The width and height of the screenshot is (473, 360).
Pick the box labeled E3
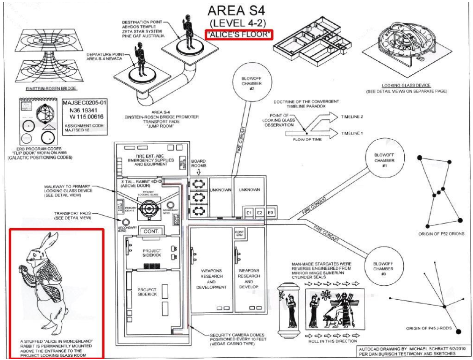pos(270,213)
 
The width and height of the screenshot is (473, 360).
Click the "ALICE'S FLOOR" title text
pos(239,35)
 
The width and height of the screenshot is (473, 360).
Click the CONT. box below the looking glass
pos(152,231)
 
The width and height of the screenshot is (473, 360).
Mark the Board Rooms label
pos(198,163)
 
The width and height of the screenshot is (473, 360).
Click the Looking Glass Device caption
pos(406,86)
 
